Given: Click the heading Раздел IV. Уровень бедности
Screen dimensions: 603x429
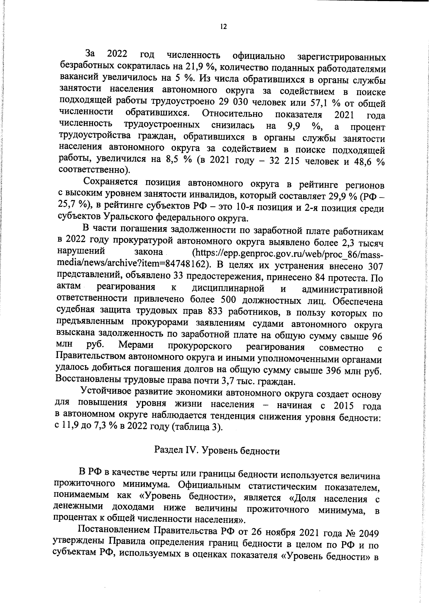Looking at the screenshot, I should (217, 451).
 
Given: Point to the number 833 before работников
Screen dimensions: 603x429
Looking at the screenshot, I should (215, 312).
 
